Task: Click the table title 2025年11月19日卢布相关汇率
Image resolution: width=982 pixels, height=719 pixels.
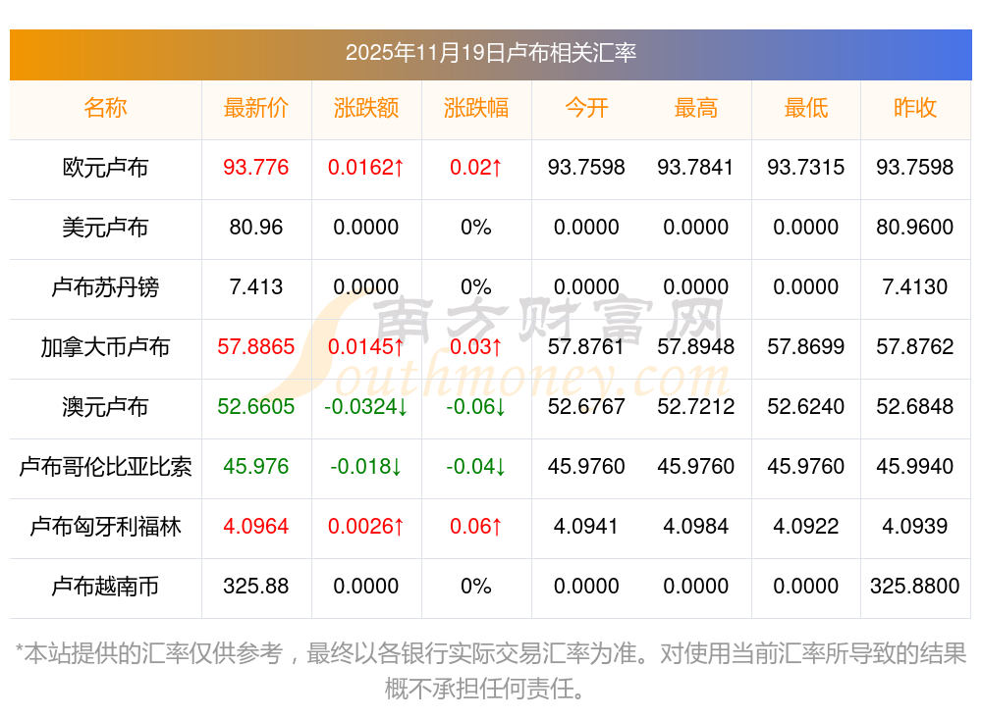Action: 490,52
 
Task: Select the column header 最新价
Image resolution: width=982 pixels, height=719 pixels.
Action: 256,108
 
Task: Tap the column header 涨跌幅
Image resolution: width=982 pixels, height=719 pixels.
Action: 476,108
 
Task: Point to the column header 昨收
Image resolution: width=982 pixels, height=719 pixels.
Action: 915,108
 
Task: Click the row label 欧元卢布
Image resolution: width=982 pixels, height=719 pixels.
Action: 105,168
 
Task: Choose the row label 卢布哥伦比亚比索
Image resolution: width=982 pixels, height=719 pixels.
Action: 105,467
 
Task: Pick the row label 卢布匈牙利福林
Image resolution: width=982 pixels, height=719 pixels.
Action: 105,527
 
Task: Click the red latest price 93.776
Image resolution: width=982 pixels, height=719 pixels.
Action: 256,168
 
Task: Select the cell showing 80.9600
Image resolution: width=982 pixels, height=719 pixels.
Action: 915,228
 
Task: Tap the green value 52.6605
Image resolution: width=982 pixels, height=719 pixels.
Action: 256,407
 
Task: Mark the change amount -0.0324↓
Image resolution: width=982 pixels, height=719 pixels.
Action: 366,407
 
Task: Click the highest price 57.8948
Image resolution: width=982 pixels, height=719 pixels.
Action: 696,347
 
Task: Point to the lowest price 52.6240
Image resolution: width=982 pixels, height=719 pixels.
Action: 806,407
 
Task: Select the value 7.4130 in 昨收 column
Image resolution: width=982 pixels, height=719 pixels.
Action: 915,287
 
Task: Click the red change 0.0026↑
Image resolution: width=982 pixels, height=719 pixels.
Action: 366,527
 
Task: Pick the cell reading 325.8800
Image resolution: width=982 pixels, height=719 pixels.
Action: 915,587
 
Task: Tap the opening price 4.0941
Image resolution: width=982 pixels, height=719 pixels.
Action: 586,527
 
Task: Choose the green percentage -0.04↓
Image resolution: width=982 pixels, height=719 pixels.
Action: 476,467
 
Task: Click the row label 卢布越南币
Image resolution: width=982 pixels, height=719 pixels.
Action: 105,587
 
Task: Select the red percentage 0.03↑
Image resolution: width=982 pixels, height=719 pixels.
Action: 476,347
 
